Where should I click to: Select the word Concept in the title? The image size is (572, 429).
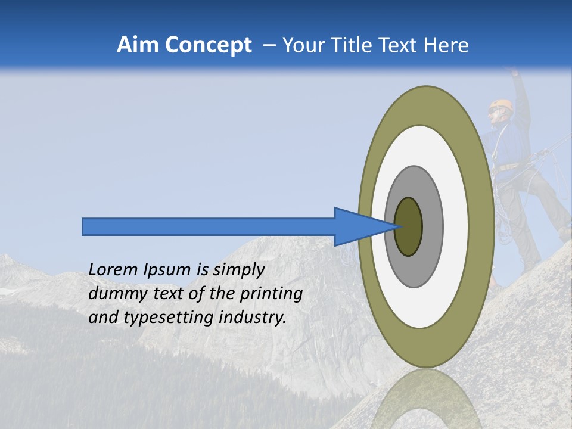coord(209,45)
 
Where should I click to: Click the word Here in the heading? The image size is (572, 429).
coord(447,45)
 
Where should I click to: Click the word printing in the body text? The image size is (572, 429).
coord(271,294)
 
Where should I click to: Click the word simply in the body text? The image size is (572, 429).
coord(238,271)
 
